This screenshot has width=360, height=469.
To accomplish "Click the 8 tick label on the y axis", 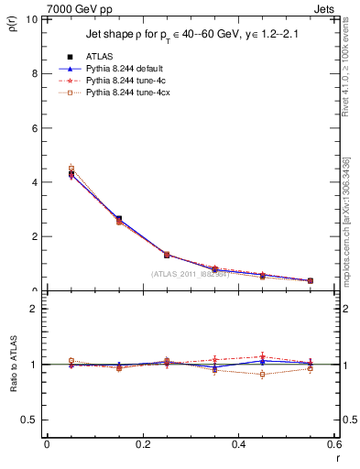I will (36, 73).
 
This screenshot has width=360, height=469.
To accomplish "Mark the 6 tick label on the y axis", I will (36, 128).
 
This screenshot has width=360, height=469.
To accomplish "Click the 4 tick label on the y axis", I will (36, 182).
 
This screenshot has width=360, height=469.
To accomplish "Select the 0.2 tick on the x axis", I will (141, 443).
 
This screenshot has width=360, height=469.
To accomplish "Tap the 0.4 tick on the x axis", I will (237, 443).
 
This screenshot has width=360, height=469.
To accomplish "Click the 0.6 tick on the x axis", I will (333, 443).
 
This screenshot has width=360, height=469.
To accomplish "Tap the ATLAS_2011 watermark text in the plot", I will (191, 273).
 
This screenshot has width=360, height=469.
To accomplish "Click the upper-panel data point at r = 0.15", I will (119, 219).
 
